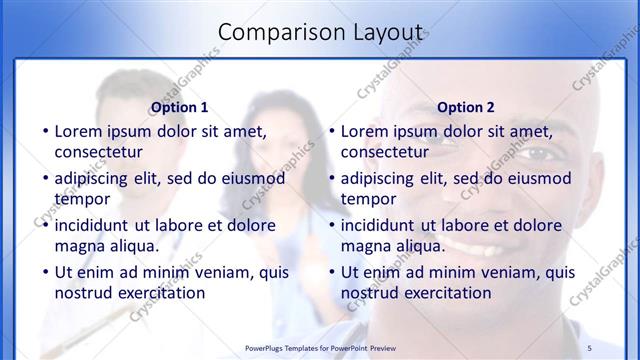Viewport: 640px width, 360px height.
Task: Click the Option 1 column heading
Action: (179, 107)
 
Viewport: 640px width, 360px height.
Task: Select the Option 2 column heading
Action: (466, 107)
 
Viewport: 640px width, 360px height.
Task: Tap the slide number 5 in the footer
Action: (590, 347)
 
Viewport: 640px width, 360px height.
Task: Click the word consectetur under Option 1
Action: (99, 152)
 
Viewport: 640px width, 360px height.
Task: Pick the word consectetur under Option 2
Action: (385, 152)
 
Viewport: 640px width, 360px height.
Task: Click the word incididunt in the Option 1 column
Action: (97, 225)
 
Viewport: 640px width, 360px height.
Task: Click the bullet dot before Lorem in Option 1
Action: (44, 131)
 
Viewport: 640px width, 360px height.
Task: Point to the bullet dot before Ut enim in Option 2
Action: (331, 272)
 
